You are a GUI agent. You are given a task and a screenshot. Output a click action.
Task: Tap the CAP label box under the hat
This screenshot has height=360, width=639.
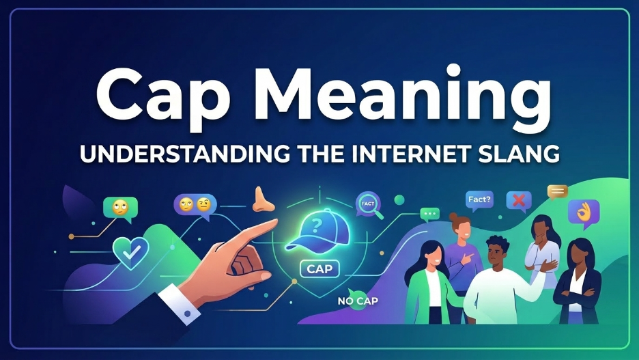coord(319,268)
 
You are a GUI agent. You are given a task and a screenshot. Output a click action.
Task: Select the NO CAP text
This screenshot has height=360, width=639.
coord(358,300)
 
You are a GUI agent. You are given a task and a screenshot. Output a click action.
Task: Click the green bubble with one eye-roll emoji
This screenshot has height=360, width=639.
coord(120,208)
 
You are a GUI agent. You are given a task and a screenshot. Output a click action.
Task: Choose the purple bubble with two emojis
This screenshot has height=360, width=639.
coord(194,204)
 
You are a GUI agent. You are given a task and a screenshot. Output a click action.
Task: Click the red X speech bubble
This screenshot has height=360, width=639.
coord(519,201)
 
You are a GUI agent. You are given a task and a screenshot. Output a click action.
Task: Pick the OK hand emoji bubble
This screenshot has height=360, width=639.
coord(583,212)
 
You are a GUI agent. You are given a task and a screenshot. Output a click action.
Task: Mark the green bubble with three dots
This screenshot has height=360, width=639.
coord(430,214)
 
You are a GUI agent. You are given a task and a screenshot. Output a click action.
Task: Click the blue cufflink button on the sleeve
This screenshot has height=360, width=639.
coord(186,314)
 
